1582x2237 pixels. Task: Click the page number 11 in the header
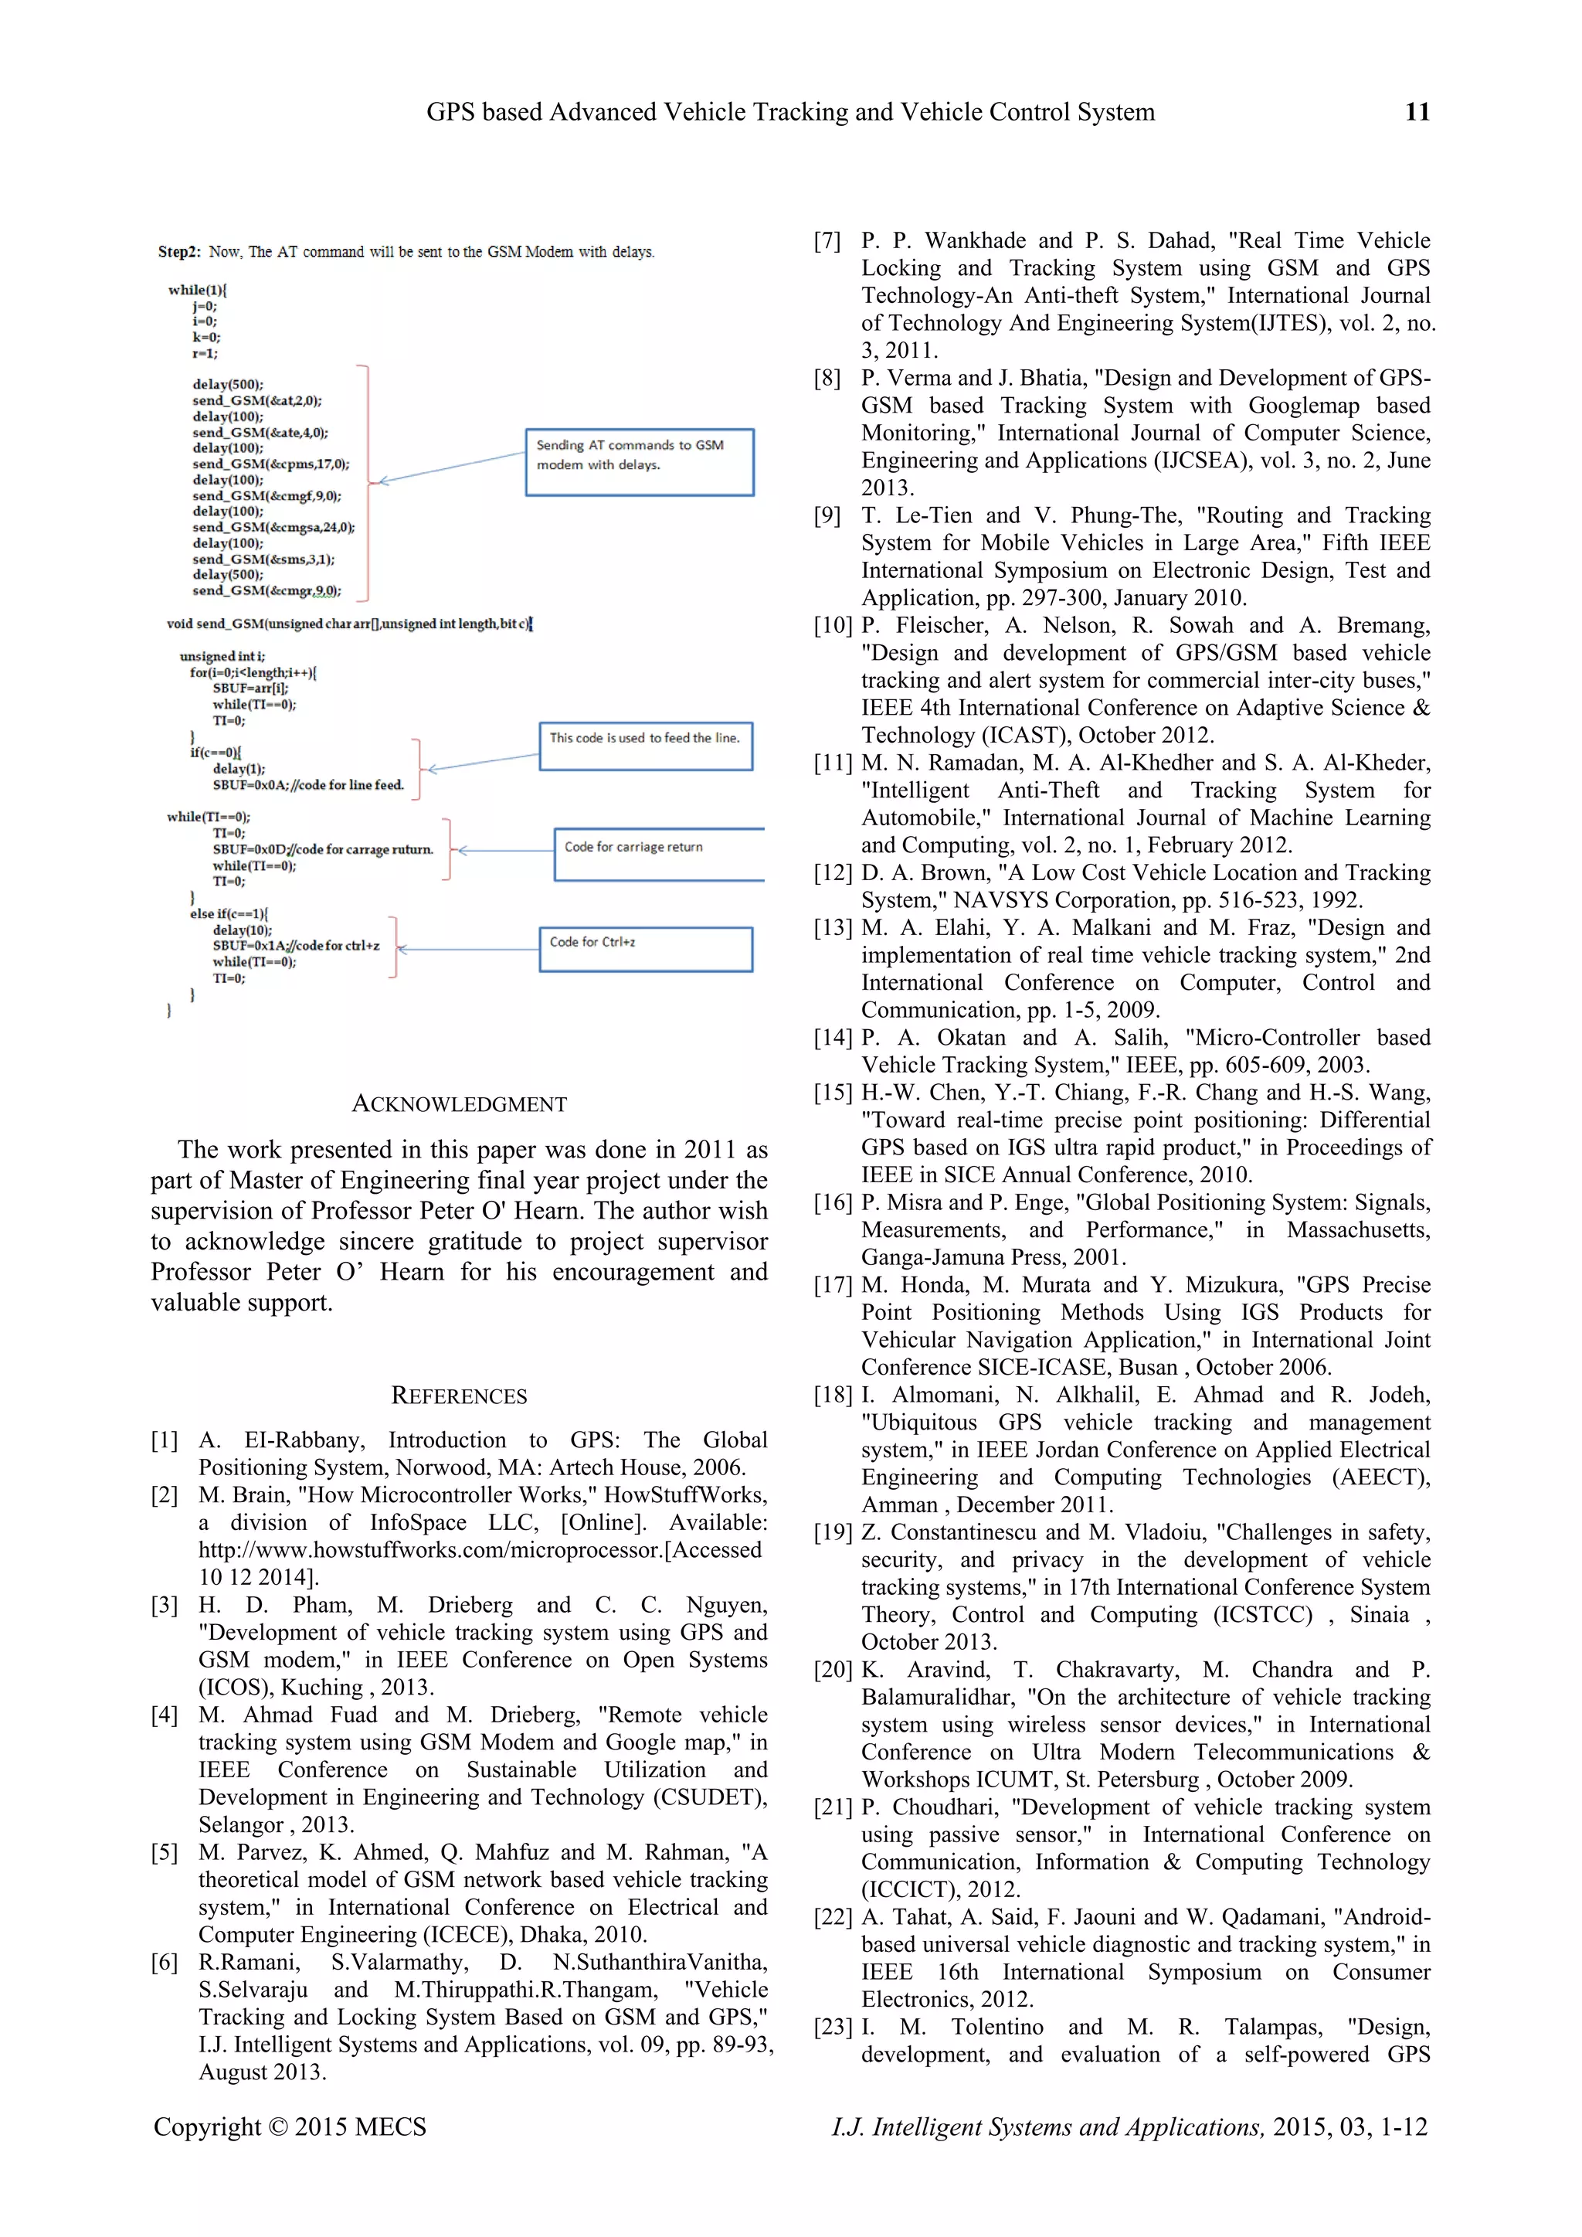coord(1417,112)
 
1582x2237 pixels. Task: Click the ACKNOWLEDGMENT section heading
coord(459,1104)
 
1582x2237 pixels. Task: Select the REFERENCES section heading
coord(459,1396)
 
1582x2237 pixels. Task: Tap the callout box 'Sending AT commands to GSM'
coord(639,462)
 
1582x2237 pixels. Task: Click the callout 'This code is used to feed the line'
coord(646,746)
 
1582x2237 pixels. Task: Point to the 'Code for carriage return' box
coord(658,854)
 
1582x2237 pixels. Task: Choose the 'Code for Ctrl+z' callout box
coord(646,948)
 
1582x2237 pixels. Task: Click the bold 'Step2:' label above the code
coord(179,251)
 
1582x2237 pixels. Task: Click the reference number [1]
coord(165,1440)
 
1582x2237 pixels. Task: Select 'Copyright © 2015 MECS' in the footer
coord(290,2127)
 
